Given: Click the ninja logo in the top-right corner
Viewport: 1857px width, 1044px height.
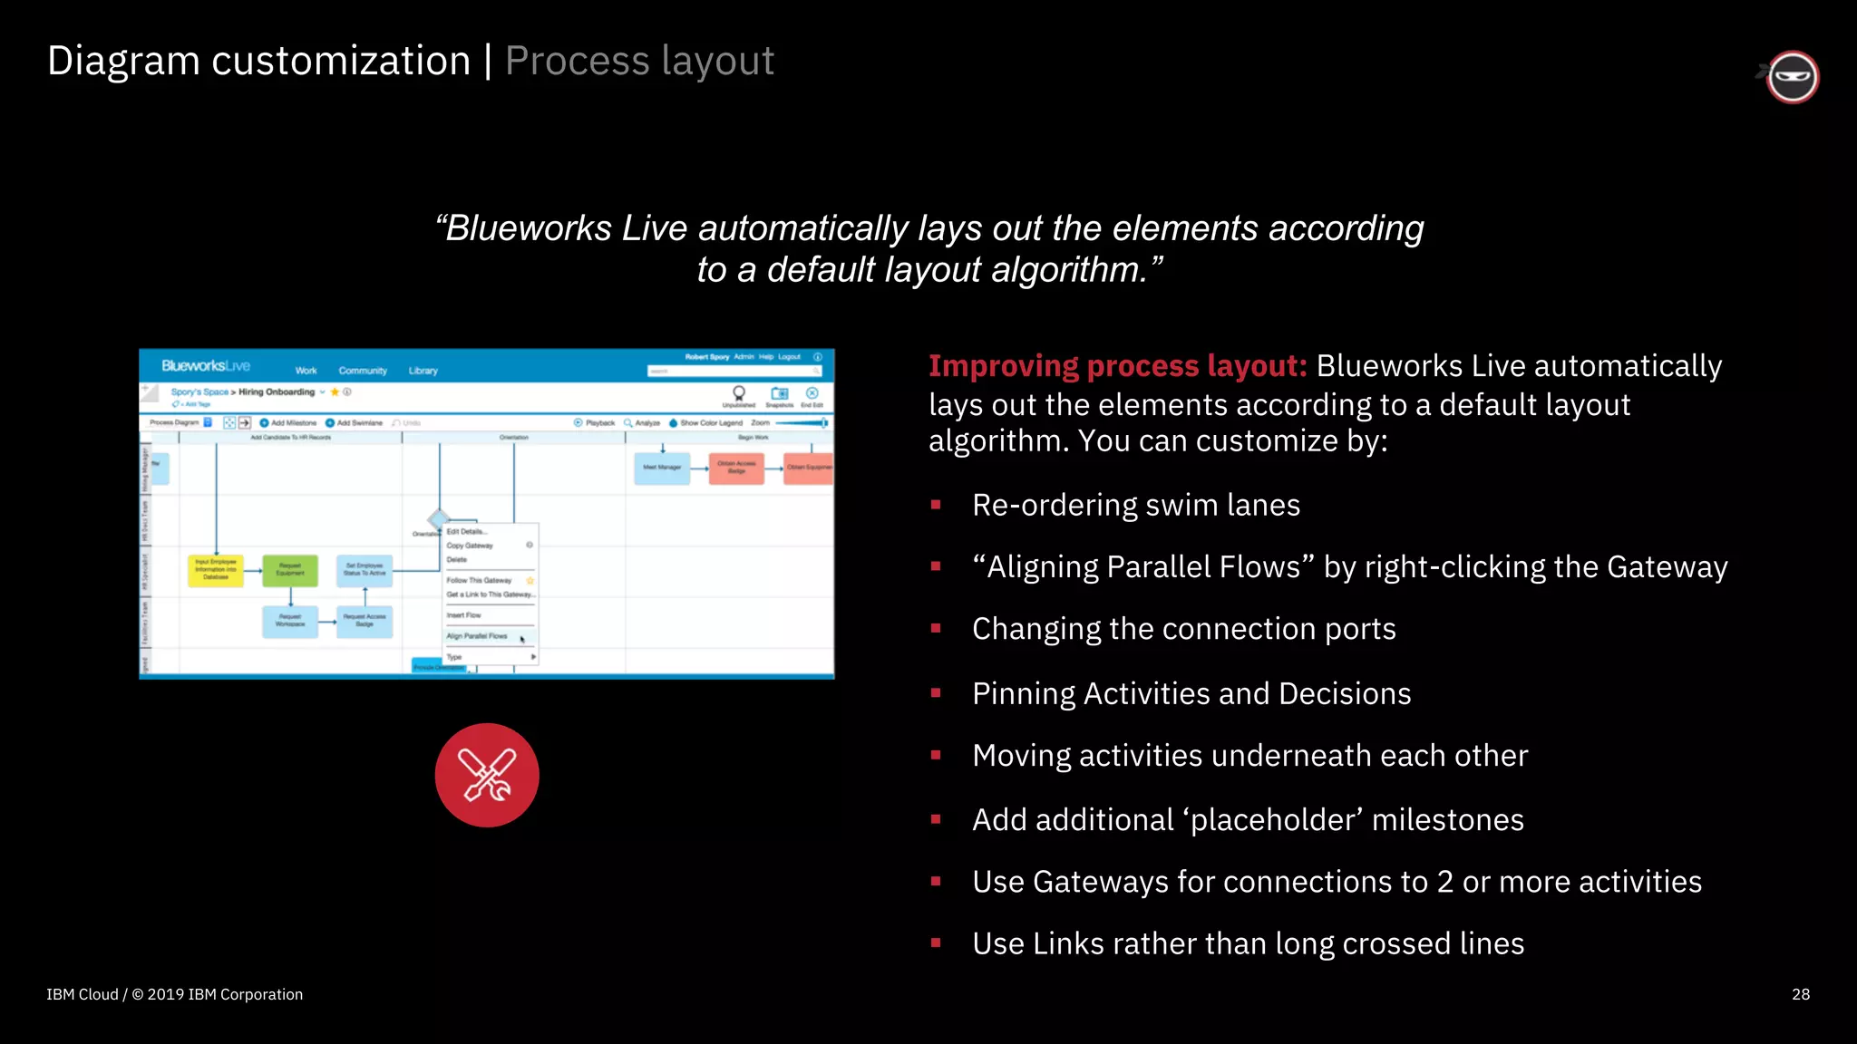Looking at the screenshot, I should coord(1792,77).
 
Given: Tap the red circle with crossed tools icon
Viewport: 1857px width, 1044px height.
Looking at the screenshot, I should coord(487,775).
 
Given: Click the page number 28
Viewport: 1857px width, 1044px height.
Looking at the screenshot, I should coord(1800,994).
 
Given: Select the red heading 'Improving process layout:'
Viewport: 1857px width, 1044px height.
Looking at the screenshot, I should coord(1117,366).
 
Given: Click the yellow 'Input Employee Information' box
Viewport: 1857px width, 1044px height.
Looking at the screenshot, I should coord(216,569).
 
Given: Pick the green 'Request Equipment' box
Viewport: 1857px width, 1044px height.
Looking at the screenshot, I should coord(290,569).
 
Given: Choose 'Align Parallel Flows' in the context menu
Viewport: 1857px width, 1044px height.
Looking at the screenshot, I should coord(477,636).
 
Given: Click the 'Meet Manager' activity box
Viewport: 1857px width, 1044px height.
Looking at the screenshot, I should coord(662,468).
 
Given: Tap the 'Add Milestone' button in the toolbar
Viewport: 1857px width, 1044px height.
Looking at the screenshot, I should coord(289,423).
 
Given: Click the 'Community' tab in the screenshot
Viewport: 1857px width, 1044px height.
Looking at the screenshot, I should coord(363,371).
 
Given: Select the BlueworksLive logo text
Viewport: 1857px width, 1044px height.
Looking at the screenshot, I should coord(206,366).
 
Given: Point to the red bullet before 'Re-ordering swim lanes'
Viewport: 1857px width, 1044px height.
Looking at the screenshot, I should coord(936,505).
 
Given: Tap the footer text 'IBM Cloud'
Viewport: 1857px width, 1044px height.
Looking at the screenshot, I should coord(83,994).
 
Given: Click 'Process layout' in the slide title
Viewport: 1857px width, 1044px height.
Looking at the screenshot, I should coord(639,62).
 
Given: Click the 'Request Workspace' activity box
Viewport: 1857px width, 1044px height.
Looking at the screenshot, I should coord(290,620).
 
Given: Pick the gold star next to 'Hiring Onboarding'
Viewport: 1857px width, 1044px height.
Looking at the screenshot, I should coord(335,392).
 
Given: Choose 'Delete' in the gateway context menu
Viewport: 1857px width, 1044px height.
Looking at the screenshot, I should coord(457,560).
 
